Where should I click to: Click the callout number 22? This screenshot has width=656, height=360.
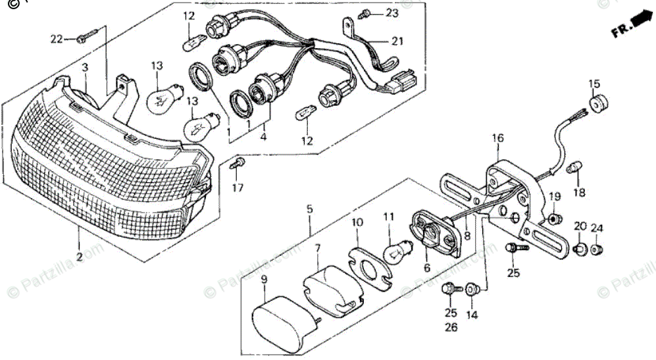[x=57, y=39]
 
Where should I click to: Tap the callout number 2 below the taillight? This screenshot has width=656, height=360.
[x=78, y=257]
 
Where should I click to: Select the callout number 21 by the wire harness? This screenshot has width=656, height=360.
[x=396, y=41]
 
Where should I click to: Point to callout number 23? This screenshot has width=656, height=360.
[x=392, y=13]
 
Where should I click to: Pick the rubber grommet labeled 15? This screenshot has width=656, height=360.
[x=597, y=104]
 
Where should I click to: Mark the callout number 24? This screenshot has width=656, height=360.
[x=597, y=228]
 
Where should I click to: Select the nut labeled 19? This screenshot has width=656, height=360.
[x=554, y=217]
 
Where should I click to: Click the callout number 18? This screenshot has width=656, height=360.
[x=578, y=192]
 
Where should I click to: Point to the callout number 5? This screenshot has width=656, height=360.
[x=309, y=210]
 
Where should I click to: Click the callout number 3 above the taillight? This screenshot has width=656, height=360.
[x=84, y=67]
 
